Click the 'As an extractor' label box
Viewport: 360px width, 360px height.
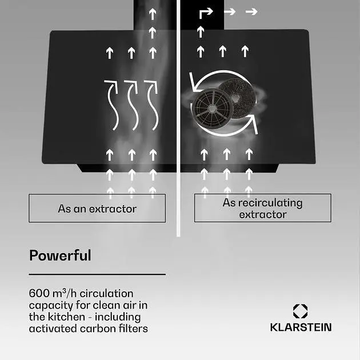point(97,208)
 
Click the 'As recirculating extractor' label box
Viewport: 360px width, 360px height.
point(263,208)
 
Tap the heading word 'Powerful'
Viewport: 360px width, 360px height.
point(60,255)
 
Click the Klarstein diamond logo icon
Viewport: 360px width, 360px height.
point(301,311)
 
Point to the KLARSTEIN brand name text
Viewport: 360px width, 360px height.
point(301,327)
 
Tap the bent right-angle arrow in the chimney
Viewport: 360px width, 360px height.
point(206,13)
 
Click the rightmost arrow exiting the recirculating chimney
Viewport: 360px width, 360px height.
point(251,11)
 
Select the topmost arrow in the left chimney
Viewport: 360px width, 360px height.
point(153,14)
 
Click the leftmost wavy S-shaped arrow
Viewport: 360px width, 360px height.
point(112,105)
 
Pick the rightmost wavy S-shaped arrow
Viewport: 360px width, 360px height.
point(151,105)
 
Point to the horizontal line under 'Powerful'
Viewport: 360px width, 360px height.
point(97,274)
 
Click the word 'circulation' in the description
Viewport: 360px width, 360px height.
point(106,293)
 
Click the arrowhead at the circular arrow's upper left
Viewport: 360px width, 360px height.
point(194,83)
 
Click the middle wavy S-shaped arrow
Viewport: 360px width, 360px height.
point(132,105)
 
